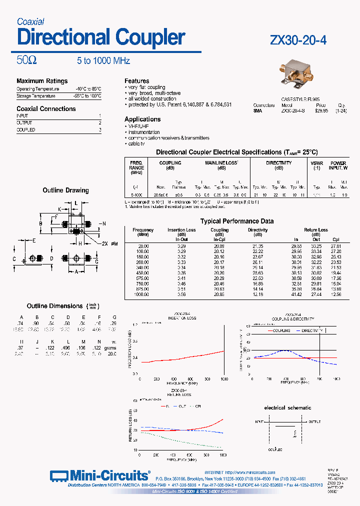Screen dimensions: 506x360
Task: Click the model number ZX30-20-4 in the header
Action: click(298, 40)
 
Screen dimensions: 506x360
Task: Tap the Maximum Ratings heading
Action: click(42, 81)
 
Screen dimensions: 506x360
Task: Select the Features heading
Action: click(137, 80)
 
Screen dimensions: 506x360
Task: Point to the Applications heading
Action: click(142, 119)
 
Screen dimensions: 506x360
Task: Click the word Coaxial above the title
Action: click(30, 21)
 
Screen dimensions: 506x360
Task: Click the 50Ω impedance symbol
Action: click(26, 60)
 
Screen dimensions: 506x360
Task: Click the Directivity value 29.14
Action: click(258, 267)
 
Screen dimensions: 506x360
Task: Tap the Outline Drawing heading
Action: click(65, 190)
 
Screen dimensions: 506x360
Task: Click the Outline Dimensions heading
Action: click(54, 306)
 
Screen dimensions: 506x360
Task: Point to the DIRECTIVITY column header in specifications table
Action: click(278, 163)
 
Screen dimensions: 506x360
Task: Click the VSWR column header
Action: click(316, 163)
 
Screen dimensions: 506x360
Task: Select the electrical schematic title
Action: click(287, 407)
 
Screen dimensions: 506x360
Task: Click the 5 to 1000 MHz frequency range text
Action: click(103, 61)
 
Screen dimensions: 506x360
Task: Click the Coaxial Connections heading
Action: click(46, 108)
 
